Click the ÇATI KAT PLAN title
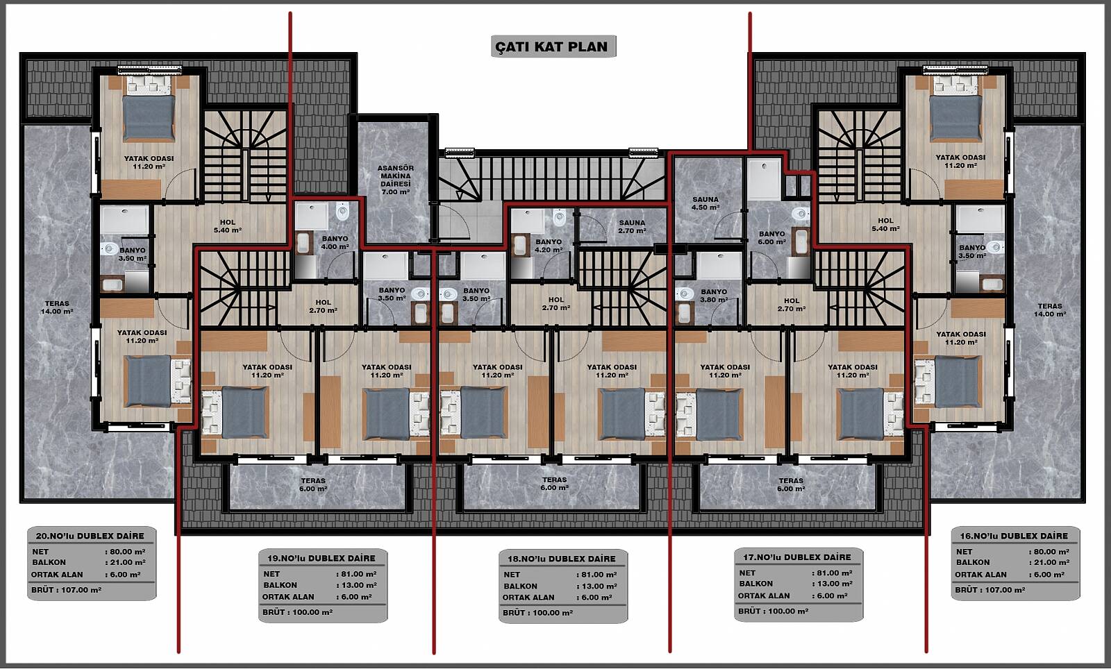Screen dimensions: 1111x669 click(551, 46)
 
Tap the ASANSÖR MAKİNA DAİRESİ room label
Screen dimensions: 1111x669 click(395, 180)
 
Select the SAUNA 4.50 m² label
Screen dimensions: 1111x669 click(705, 203)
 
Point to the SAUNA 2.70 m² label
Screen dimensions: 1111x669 click(632, 226)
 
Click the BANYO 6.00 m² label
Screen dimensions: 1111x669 click(772, 238)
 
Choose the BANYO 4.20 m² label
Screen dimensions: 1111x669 click(549, 246)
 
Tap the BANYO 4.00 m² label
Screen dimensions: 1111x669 click(335, 242)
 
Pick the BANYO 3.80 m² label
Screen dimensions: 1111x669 click(714, 296)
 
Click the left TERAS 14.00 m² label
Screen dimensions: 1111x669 click(57, 307)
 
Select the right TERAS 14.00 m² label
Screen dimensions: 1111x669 click(1050, 310)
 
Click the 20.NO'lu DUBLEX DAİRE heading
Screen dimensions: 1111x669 click(90, 536)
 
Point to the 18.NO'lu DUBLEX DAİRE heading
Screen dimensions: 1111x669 click(562, 559)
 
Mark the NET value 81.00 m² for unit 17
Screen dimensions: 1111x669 click(833, 573)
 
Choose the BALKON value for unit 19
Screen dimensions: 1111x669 click(357, 585)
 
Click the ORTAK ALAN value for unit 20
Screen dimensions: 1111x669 click(123, 575)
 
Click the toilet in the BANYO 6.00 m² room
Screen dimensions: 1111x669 click(799, 214)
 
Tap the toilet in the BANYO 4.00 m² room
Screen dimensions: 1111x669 click(342, 212)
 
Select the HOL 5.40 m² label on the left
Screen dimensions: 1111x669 click(228, 226)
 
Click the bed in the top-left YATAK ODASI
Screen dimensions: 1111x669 click(149, 108)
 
